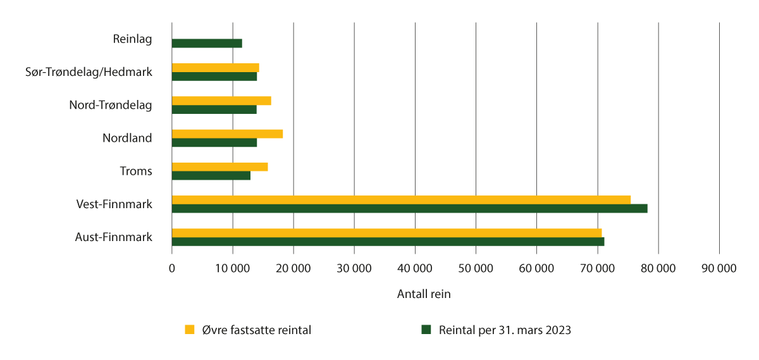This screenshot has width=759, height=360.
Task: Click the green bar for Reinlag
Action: coord(207,43)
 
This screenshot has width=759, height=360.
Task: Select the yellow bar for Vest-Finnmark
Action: coord(401,200)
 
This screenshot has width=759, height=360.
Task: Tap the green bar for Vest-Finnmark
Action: coord(409,208)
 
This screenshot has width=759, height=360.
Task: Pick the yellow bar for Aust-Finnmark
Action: coord(386,233)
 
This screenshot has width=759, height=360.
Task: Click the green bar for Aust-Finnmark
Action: coord(388,241)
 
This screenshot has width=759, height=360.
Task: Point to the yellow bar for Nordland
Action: coord(227,134)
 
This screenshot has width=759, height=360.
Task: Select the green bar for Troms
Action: coord(211,175)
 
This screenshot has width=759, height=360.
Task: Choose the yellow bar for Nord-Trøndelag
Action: coord(221,101)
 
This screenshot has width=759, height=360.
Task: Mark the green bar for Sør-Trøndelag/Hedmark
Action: coord(214,77)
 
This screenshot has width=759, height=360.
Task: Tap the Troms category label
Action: coord(136,171)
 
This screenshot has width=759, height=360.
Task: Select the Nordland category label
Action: coord(127,138)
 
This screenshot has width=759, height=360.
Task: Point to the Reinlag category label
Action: coord(132,39)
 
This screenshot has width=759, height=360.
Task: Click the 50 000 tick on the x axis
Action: coord(476,268)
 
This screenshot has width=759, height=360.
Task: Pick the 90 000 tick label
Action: coord(719,268)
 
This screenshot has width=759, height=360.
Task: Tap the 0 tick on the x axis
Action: coord(172,268)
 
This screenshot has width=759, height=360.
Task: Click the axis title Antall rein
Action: coord(424,294)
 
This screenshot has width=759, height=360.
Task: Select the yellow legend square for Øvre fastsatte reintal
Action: coord(189,329)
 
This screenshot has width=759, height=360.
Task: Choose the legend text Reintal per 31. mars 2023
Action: coord(505,330)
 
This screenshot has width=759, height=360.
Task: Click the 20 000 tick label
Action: coord(293,268)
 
